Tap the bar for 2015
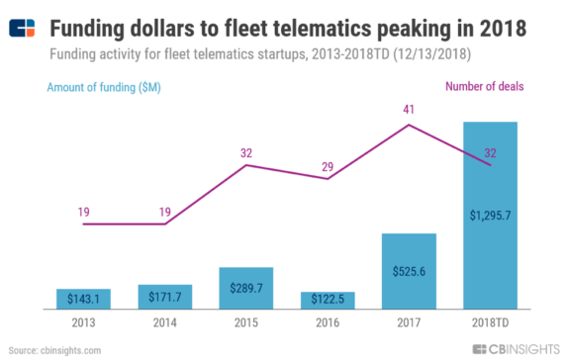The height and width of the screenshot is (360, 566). point(245,288)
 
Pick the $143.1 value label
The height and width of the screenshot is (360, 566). point(83,298)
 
